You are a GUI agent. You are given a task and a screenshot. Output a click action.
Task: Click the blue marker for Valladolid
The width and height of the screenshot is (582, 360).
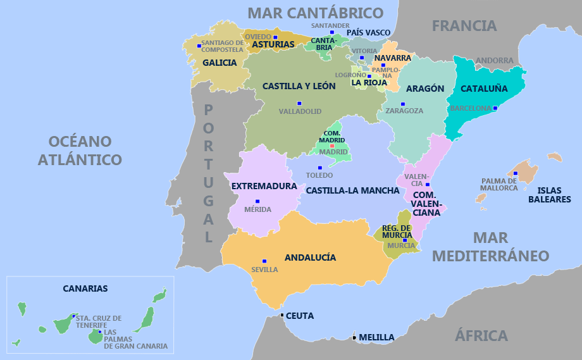click(x=299, y=103)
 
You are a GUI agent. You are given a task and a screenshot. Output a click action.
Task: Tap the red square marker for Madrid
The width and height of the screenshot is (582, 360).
click(x=332, y=146)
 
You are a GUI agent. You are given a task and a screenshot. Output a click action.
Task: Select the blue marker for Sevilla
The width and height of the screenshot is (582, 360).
click(x=264, y=261)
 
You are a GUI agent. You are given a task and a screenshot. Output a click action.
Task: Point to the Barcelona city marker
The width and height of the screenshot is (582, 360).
click(x=495, y=108)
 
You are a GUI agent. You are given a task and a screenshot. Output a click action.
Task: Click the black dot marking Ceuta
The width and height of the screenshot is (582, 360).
click(x=282, y=315)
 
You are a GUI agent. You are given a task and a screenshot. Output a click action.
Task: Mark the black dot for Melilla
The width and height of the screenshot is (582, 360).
click(x=354, y=337)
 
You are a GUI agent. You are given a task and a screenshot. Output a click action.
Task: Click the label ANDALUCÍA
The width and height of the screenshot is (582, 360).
click(x=310, y=258)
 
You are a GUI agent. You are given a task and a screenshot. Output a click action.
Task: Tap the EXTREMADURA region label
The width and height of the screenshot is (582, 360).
click(x=264, y=186)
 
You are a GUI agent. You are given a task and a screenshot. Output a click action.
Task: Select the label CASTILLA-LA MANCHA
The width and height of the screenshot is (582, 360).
click(x=352, y=190)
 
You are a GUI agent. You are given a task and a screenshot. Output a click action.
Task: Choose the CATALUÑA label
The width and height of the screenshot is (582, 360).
click(x=484, y=89)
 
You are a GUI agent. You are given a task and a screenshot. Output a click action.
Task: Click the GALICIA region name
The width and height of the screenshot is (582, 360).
click(x=220, y=63)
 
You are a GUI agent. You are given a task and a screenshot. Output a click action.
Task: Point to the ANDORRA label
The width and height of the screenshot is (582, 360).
click(x=495, y=61)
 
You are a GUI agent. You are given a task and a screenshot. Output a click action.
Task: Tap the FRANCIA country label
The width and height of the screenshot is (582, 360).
click(x=464, y=26)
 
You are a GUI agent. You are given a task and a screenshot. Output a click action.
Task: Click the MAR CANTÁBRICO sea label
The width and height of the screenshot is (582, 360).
click(x=315, y=13)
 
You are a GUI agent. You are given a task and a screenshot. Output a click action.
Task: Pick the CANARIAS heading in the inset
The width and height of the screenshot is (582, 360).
click(x=85, y=289)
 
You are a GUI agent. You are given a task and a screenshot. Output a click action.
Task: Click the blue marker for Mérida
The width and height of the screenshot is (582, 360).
click(x=257, y=201)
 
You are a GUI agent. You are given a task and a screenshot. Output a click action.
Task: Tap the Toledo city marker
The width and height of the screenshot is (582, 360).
click(x=320, y=168)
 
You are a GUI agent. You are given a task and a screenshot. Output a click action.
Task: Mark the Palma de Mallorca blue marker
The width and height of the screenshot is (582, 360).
click(x=516, y=173)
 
